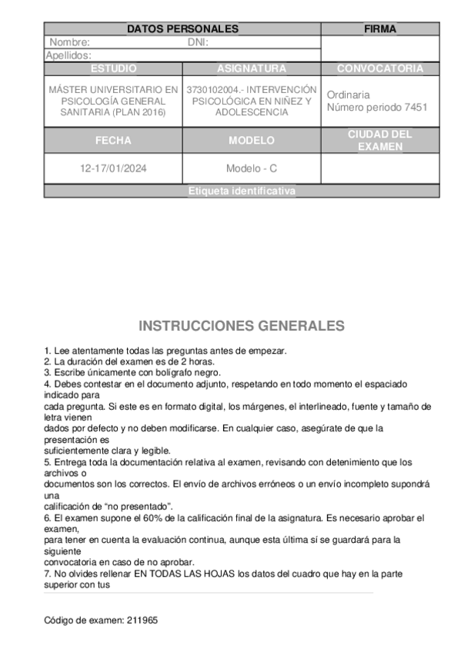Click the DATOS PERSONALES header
point(182,29)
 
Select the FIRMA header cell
point(380,29)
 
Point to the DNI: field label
point(199,42)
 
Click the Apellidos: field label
point(69,55)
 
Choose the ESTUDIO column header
point(113,68)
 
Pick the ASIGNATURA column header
point(252,68)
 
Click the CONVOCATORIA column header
point(380,68)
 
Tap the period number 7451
point(415,107)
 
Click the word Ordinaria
point(348,95)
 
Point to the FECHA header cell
point(113,141)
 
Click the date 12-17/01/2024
point(113,168)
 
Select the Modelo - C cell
point(252,168)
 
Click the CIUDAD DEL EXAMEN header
point(380,140)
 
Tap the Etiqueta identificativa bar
point(242,191)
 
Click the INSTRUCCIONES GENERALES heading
point(242,326)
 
